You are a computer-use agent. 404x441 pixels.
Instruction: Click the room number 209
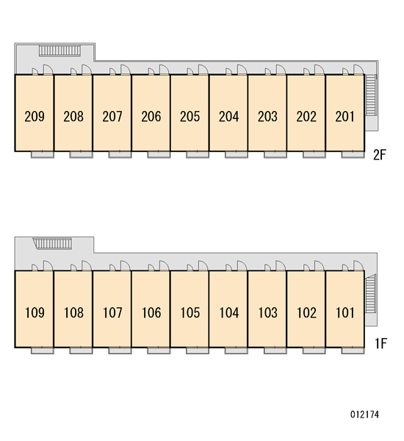click(x=35, y=116)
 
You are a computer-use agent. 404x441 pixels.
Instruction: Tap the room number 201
click(x=345, y=116)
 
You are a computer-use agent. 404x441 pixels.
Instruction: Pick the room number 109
click(x=35, y=312)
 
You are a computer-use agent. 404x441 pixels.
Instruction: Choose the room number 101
click(x=345, y=312)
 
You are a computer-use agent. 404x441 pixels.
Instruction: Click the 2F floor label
click(x=380, y=154)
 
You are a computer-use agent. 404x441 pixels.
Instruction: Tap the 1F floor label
click(x=381, y=343)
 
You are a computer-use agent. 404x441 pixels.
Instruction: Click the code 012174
click(x=364, y=415)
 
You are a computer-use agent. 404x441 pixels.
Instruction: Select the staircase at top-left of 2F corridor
click(x=59, y=51)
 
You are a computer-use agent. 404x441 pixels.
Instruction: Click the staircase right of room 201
click(x=371, y=95)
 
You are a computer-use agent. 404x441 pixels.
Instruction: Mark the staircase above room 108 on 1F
click(x=53, y=243)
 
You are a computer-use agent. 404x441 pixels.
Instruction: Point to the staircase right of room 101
click(x=370, y=294)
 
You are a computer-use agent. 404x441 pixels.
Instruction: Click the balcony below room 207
click(x=120, y=154)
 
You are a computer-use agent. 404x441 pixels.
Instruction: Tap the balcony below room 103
click(x=275, y=351)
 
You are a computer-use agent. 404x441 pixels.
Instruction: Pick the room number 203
click(x=267, y=116)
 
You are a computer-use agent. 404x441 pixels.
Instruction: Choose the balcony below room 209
click(x=42, y=154)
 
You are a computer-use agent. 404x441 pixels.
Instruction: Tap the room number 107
click(x=112, y=312)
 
